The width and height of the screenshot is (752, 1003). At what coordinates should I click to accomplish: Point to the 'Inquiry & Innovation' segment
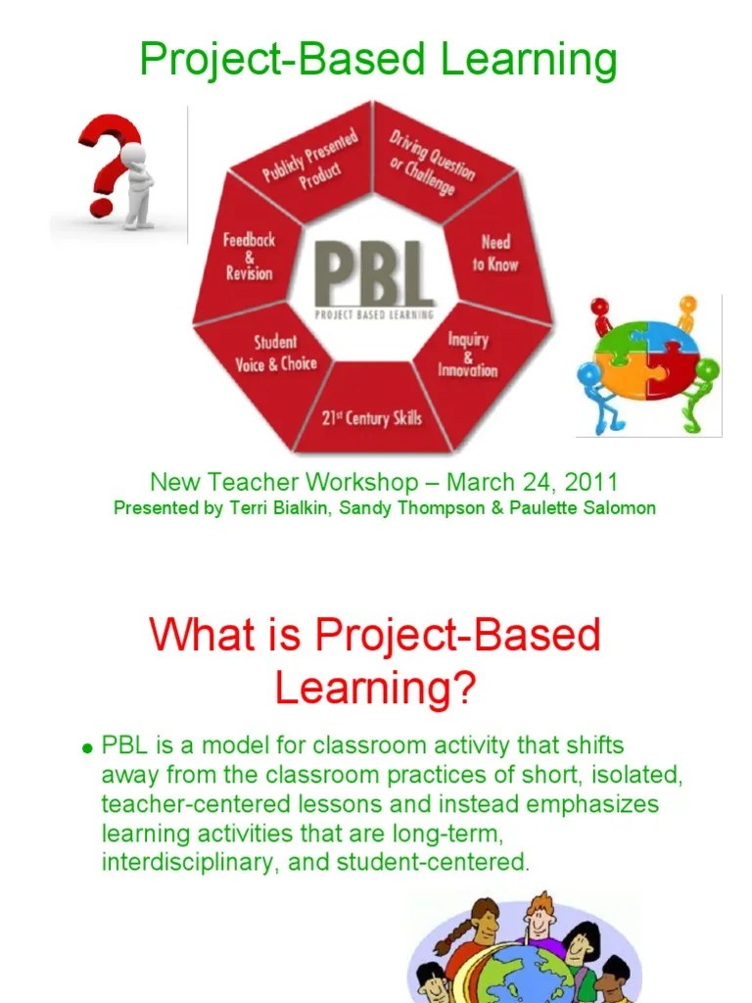[467, 355]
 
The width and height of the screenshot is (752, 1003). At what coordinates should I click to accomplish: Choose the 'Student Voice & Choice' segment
[275, 354]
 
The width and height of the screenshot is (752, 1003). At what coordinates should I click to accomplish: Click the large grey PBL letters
[374, 274]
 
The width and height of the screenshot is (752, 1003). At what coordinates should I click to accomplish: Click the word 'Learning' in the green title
[529, 60]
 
